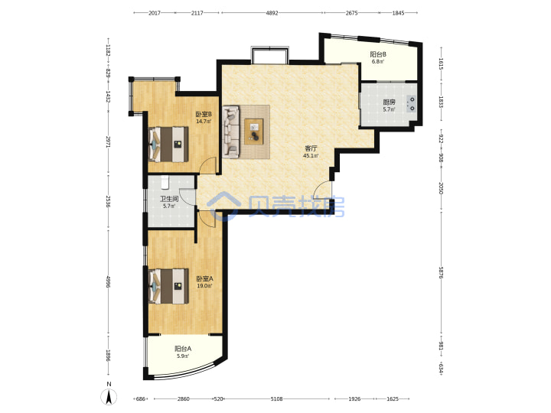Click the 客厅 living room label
point(311,148)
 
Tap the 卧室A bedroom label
point(204,279)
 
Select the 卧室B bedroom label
point(204,114)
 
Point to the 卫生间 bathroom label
point(169,199)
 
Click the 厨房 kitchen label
point(389,102)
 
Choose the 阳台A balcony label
point(183,349)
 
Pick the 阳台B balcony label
point(378,54)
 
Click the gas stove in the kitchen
point(411,103)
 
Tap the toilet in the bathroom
point(165,182)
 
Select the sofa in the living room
point(231,132)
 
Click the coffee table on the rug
point(254,132)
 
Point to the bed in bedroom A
point(168,286)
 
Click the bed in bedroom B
point(168,144)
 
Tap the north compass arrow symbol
point(109,397)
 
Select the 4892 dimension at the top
point(272,13)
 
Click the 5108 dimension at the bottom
point(276,398)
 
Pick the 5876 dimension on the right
point(441,273)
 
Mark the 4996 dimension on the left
point(108,281)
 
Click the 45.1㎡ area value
point(311,155)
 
